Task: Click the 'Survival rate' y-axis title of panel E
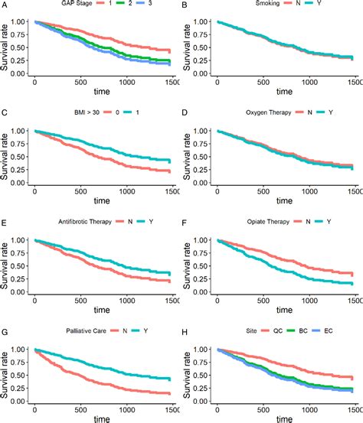click(x=8, y=263)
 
